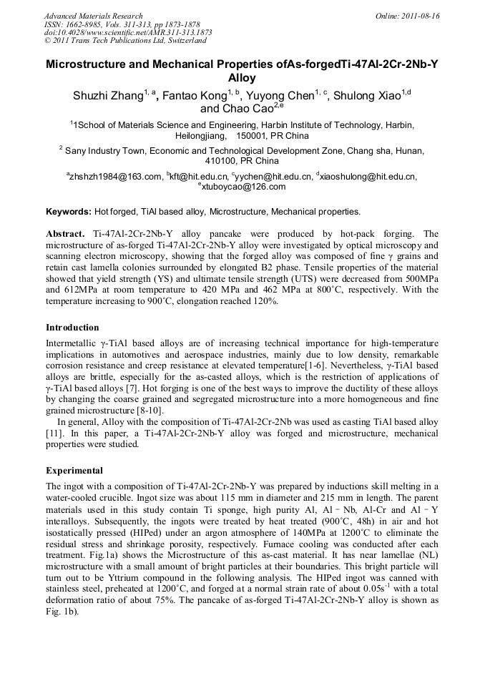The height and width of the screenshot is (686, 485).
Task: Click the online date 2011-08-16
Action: pos(418,15)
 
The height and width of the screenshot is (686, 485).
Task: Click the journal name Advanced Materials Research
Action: pos(93,15)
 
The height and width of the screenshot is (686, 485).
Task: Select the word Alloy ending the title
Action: pos(241,78)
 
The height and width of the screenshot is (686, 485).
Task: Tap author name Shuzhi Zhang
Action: pos(107,97)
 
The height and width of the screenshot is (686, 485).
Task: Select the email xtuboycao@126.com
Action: pos(243,187)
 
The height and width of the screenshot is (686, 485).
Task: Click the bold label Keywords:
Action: pos(69,212)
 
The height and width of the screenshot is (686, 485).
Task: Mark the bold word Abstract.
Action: pos(66,234)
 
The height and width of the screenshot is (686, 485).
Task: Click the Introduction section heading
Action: pos(72,327)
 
